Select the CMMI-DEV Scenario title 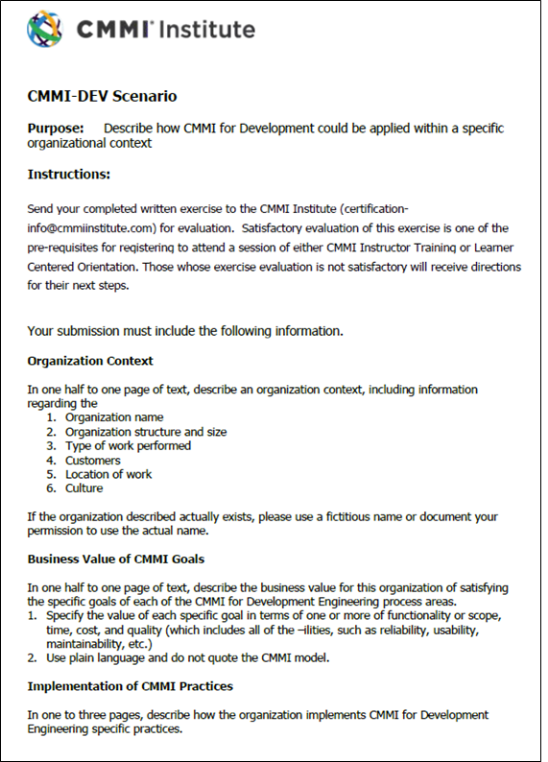click(x=102, y=96)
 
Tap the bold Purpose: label click(x=56, y=128)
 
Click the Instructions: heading click(x=69, y=175)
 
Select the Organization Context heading click(x=90, y=361)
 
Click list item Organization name click(x=114, y=417)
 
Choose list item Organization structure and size click(x=146, y=432)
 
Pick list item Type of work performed click(x=128, y=445)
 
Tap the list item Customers click(x=93, y=461)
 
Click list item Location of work click(x=108, y=474)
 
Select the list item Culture click(x=85, y=488)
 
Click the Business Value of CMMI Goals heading click(x=115, y=559)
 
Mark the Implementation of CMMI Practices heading click(x=130, y=686)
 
